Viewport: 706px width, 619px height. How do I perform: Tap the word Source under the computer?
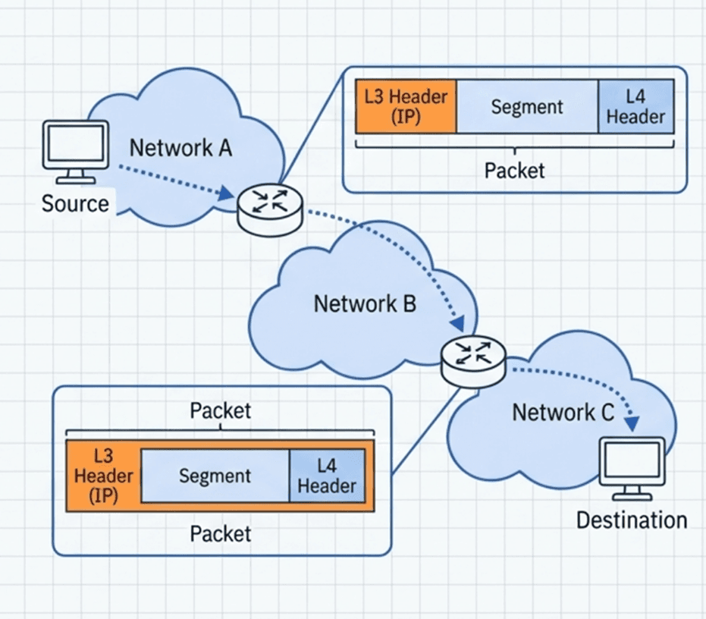[75, 203]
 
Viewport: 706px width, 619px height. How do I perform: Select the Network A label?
[180, 147]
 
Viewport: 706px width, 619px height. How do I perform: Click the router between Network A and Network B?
[270, 207]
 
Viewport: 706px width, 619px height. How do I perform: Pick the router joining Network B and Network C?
[473, 359]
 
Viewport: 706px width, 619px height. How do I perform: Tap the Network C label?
[563, 413]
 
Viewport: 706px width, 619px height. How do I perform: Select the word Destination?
[632, 520]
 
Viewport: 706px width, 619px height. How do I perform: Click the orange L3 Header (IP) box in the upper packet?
[406, 106]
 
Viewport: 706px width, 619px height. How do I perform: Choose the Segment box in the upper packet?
[527, 106]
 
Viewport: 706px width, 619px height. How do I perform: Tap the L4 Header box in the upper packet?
[635, 106]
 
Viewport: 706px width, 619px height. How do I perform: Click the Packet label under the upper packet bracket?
[514, 170]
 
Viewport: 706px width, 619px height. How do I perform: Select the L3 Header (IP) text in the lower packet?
[104, 476]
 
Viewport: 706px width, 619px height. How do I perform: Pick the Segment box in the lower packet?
[215, 476]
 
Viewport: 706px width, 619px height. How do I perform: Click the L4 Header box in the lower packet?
[326, 476]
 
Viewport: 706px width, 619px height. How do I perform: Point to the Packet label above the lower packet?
[220, 410]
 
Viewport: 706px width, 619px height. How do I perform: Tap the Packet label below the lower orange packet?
[220, 533]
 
